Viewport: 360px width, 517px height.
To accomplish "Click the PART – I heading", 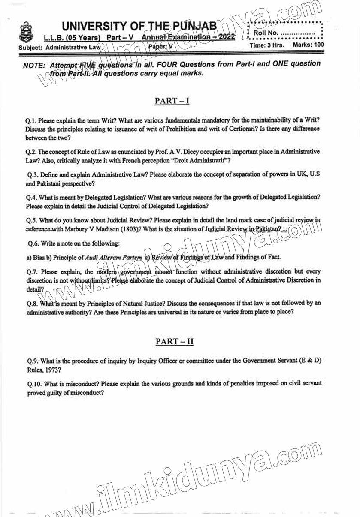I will click(172, 101).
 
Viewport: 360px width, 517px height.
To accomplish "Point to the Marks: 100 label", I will click(309, 45).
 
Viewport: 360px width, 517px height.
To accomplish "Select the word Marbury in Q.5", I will click(80, 229).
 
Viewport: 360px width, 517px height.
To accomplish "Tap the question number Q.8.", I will click(33, 303).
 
